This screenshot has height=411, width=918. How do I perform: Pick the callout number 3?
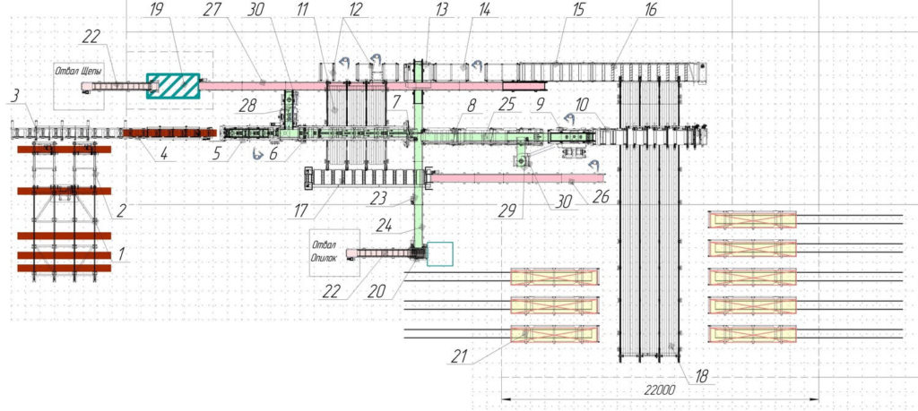tap(13, 96)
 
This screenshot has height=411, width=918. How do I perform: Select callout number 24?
tap(384, 227)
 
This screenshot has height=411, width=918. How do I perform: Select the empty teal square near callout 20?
tap(439, 254)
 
